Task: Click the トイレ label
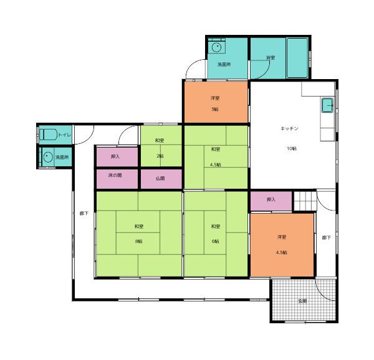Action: click(64, 135)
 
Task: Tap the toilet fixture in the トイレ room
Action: click(48, 135)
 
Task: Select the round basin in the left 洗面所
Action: click(48, 157)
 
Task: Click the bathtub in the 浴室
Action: click(297, 58)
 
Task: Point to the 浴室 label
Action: click(271, 58)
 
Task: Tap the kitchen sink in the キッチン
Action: click(328, 105)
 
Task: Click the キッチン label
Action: click(289, 129)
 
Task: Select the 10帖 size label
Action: click(292, 148)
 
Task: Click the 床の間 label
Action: click(115, 176)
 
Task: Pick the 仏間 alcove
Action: click(161, 179)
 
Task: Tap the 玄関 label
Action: click(302, 301)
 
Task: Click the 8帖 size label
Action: click(138, 241)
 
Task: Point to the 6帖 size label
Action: click(215, 241)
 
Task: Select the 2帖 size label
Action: click(160, 156)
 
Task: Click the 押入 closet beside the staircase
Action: click(271, 201)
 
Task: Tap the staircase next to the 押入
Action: click(305, 201)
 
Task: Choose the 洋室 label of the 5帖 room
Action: click(215, 98)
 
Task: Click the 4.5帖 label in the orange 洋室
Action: click(282, 252)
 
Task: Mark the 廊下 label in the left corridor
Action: click(84, 214)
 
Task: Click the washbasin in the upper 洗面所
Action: click(216, 47)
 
